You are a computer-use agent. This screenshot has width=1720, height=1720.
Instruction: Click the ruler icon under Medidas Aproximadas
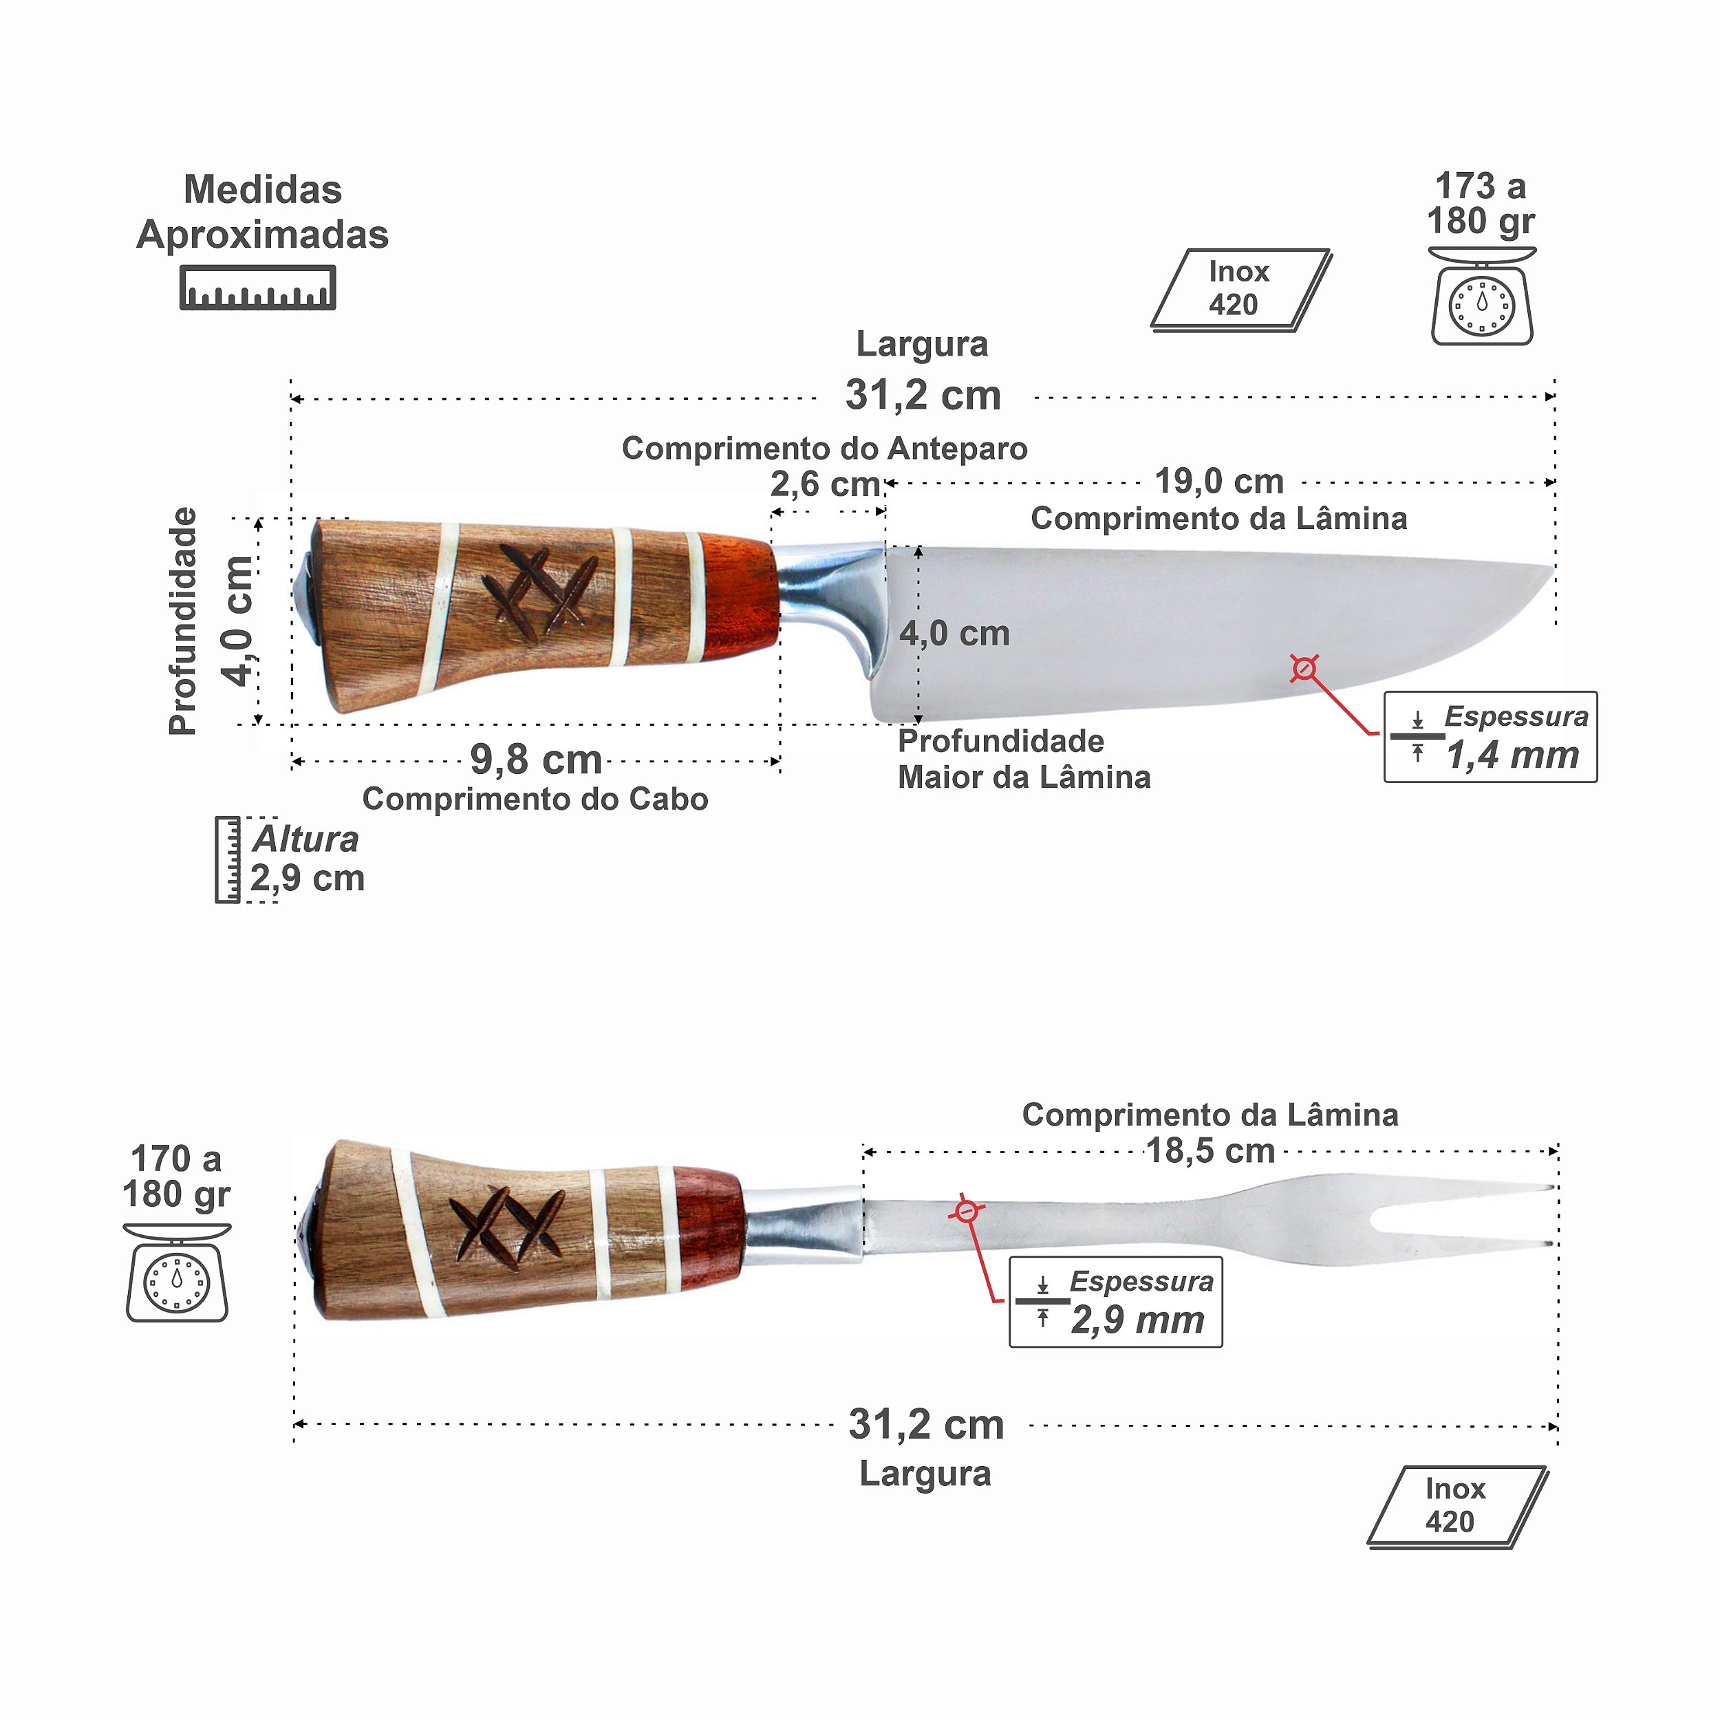coord(257,288)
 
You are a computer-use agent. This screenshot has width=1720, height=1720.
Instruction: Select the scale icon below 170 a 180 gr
coord(178,1275)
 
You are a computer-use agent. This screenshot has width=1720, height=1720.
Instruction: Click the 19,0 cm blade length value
coord(1218,482)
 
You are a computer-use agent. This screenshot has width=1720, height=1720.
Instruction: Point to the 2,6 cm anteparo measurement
coord(824,485)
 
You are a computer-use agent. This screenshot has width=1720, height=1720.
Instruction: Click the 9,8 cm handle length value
coord(536,760)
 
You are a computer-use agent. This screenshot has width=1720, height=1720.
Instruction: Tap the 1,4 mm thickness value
coord(1512,755)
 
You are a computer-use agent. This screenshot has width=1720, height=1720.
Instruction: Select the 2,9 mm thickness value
coord(1137,1320)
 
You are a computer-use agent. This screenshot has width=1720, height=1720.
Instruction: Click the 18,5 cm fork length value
coord(1210,1151)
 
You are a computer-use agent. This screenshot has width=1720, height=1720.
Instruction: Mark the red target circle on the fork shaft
coord(967,1212)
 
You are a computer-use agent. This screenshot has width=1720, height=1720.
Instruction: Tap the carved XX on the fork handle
coord(506,1226)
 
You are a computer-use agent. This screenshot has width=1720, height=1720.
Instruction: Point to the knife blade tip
coord(1551,569)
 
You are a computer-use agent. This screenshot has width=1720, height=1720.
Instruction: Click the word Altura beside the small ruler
coord(305,839)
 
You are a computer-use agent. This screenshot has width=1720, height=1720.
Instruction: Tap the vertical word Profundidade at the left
coord(184,621)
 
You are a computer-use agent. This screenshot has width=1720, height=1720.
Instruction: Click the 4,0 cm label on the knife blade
coord(954,634)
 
